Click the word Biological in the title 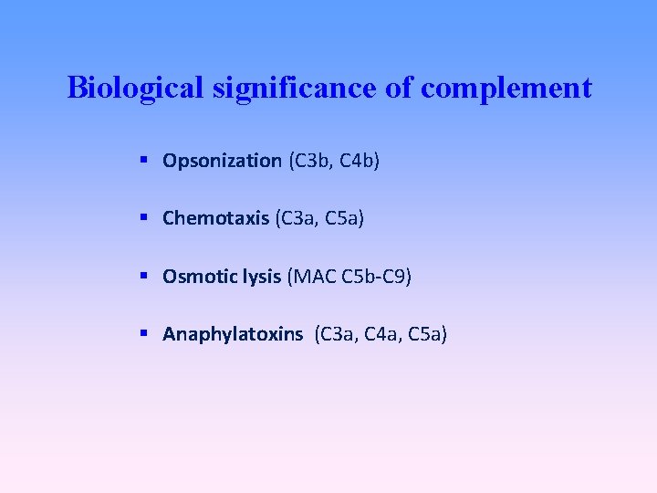point(139,89)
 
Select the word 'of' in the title point(402,89)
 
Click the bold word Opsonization point(222,162)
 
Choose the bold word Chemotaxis point(215,218)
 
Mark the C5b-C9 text point(375,276)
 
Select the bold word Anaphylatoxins point(233,334)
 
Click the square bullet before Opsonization point(145,161)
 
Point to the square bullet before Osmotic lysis point(145,275)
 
